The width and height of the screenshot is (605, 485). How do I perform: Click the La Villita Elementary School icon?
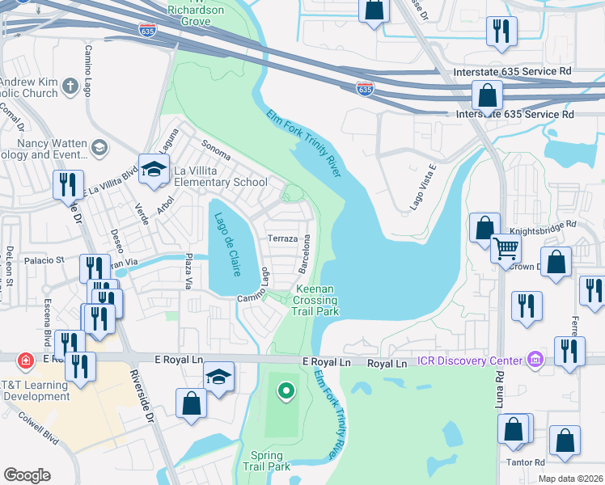pyautogui.click(x=152, y=169)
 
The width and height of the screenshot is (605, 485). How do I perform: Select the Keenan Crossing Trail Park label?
pyautogui.click(x=315, y=300)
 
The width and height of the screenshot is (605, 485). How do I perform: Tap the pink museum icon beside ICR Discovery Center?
pyautogui.click(x=534, y=359)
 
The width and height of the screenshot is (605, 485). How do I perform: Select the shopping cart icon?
pyautogui.click(x=506, y=247)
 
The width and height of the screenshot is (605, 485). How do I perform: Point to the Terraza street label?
pyautogui.click(x=283, y=239)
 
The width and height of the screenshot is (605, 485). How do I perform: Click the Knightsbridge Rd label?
pyautogui.click(x=548, y=224)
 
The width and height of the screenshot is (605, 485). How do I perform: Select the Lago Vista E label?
pyautogui.click(x=421, y=187)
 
